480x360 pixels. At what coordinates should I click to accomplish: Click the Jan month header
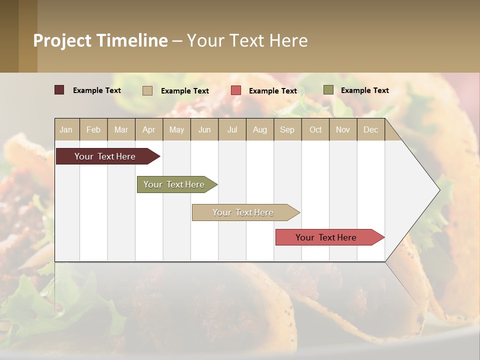pyautogui.click(x=66, y=129)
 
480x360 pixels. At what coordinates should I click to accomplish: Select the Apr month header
pyautogui.click(x=149, y=129)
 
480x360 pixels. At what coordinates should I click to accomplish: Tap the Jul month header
pyautogui.click(x=232, y=129)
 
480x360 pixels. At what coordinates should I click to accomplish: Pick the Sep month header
pyautogui.click(x=287, y=129)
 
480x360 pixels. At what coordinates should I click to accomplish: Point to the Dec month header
pyautogui.click(x=370, y=129)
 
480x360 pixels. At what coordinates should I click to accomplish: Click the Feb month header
pyautogui.click(x=93, y=129)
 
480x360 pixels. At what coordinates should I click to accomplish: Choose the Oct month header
pyautogui.click(x=315, y=129)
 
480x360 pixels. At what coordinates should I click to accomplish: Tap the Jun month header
pyautogui.click(x=204, y=129)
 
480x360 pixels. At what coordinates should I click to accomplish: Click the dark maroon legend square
pyautogui.click(x=59, y=90)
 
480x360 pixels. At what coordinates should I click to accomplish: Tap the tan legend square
pyautogui.click(x=147, y=90)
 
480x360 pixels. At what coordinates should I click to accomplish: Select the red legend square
pyautogui.click(x=236, y=90)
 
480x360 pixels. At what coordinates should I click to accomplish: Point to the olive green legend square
pyautogui.click(x=328, y=90)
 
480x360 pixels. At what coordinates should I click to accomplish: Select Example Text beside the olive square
pyautogui.click(x=364, y=90)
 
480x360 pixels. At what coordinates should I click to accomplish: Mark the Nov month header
pyautogui.click(x=343, y=129)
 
